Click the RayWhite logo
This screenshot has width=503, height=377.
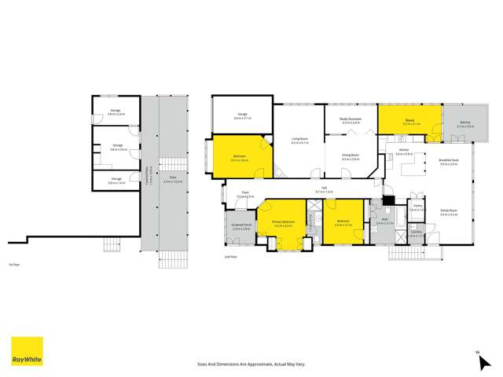click(x=27, y=351)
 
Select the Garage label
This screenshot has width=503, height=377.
click(x=240, y=115)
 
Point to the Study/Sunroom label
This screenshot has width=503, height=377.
click(x=350, y=120)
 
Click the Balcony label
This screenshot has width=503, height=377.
click(x=465, y=124)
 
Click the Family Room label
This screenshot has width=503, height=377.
click(x=449, y=212)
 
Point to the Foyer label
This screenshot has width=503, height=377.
click(x=245, y=194)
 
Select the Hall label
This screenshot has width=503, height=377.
click(x=324, y=189)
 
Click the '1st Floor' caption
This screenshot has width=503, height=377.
click(x=13, y=263)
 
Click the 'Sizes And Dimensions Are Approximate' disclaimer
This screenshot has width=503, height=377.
click(x=251, y=364)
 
